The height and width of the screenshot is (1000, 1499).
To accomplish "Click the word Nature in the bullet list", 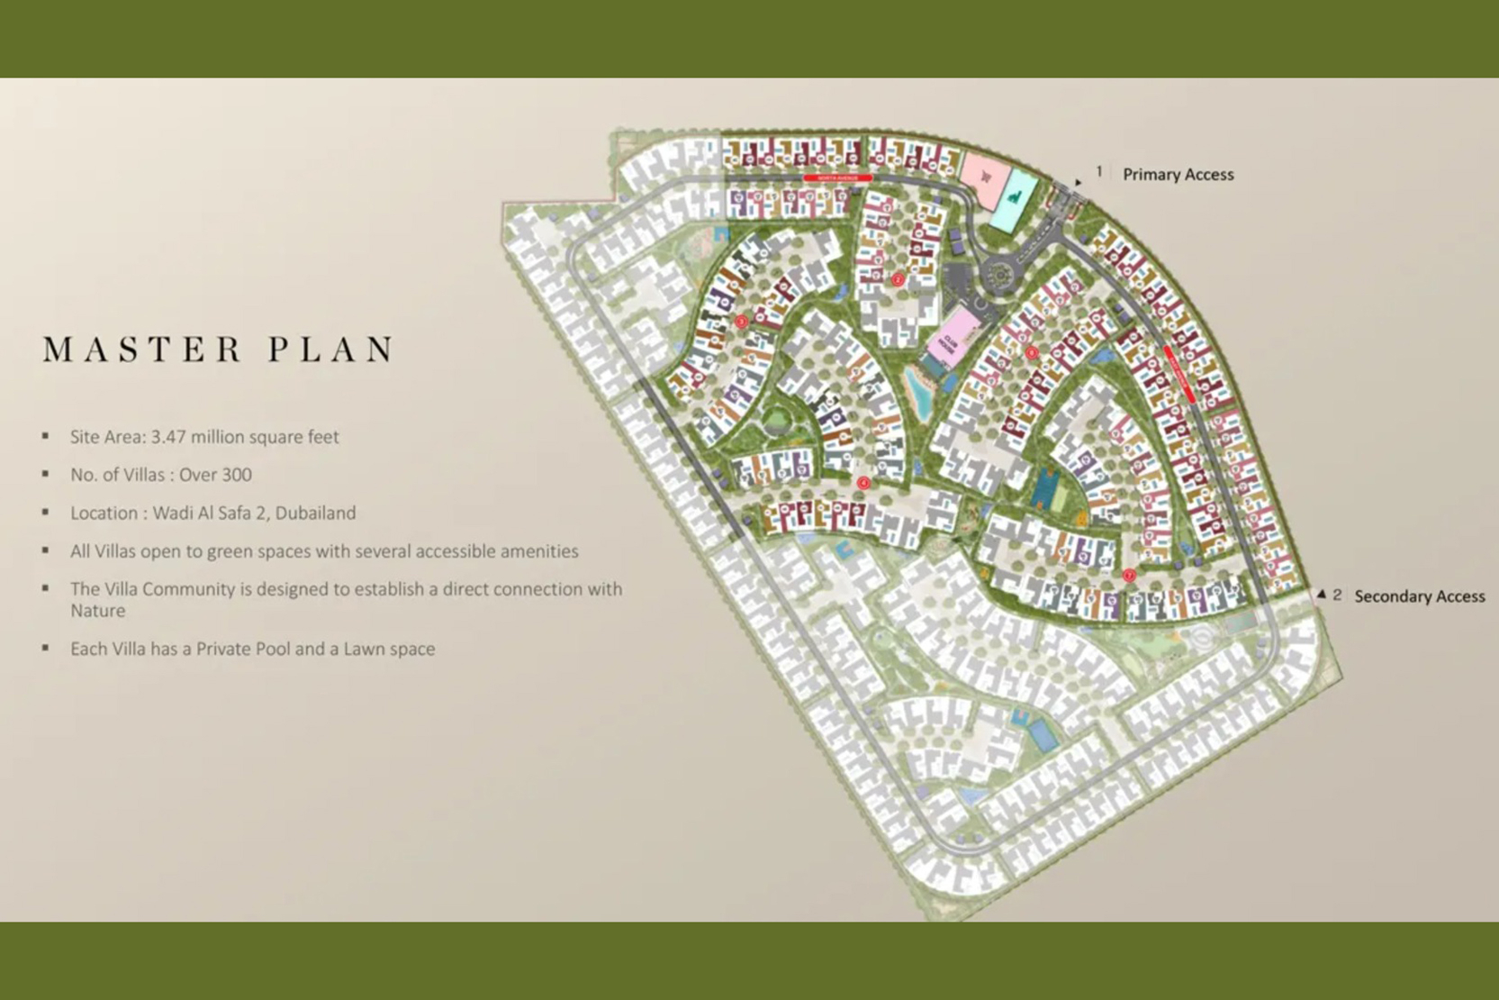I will (x=97, y=611).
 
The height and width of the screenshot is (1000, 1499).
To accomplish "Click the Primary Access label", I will (x=1178, y=175).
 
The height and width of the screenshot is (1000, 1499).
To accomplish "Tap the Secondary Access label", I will (x=1419, y=596).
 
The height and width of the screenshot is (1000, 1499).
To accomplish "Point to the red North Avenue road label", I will (x=837, y=178).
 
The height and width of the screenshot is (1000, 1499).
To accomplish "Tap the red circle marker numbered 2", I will (x=898, y=280).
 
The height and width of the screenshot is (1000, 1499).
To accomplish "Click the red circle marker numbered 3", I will (x=741, y=321).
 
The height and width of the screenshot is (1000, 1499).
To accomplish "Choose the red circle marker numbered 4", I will (x=863, y=484).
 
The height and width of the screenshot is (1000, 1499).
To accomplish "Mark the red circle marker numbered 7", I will (x=1129, y=575).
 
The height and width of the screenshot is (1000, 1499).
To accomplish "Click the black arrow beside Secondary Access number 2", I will (x=1321, y=595).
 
